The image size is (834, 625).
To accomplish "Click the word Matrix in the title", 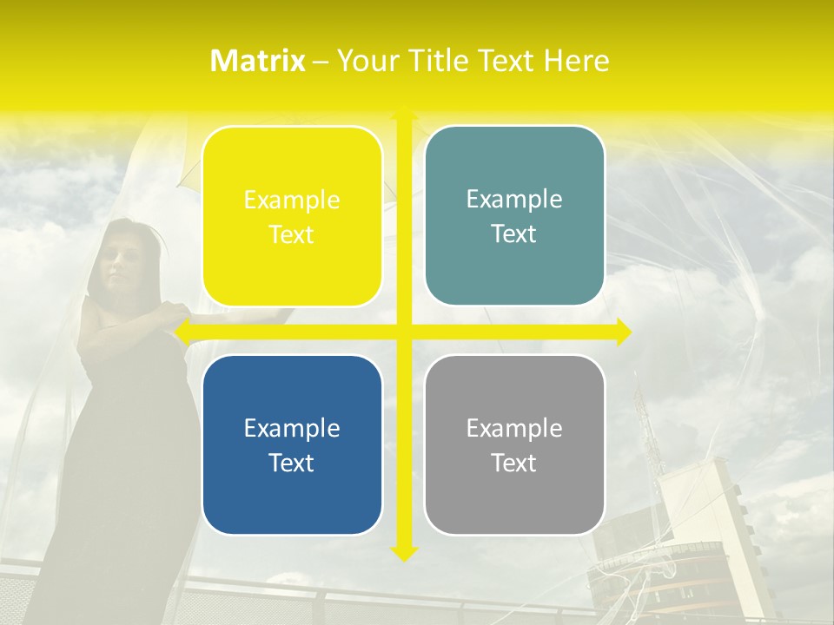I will click(x=258, y=61).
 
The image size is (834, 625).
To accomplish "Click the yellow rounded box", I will click(x=292, y=216).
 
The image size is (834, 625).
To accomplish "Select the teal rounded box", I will click(x=514, y=216).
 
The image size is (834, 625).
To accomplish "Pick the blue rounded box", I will click(x=292, y=444).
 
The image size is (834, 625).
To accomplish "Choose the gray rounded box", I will click(x=514, y=444).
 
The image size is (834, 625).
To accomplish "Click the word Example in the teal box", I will click(x=514, y=200).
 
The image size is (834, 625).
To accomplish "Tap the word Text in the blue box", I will click(x=292, y=463).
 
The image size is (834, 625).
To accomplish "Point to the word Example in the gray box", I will click(x=514, y=428).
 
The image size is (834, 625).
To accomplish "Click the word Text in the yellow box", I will click(x=292, y=234).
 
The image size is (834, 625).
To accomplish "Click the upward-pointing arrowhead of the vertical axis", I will click(x=404, y=113).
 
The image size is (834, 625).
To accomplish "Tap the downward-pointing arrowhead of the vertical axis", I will click(x=404, y=553).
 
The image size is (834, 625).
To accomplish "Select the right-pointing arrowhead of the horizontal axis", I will click(x=622, y=332).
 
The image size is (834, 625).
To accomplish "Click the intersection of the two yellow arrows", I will click(x=404, y=332).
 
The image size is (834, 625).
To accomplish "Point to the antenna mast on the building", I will click(x=644, y=417).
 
